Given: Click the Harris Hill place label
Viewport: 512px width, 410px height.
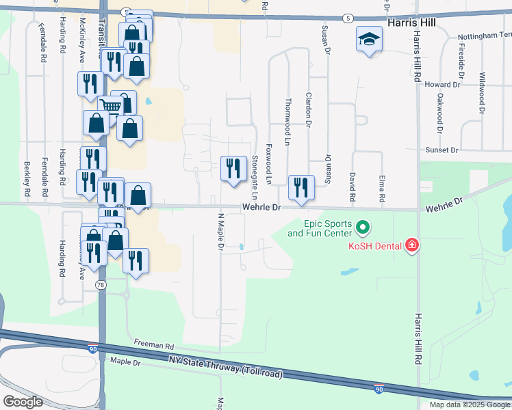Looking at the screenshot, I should [x=411, y=23].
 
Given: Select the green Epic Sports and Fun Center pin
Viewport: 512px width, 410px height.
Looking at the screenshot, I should [x=363, y=225].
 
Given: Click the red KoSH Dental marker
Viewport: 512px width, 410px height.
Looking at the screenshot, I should [x=411, y=245].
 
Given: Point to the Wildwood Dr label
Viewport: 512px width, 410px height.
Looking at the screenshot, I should [x=482, y=92].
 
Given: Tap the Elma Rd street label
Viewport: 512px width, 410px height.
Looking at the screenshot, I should [x=381, y=187].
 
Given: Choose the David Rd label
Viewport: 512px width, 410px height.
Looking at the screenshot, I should [x=353, y=185].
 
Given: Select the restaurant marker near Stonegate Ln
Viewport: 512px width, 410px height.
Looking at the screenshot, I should [x=233, y=167].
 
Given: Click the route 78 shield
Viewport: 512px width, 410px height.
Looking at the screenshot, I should [x=101, y=285].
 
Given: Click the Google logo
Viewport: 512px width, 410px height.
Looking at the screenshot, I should [x=23, y=402].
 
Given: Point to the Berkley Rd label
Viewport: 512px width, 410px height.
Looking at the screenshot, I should [x=28, y=184].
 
